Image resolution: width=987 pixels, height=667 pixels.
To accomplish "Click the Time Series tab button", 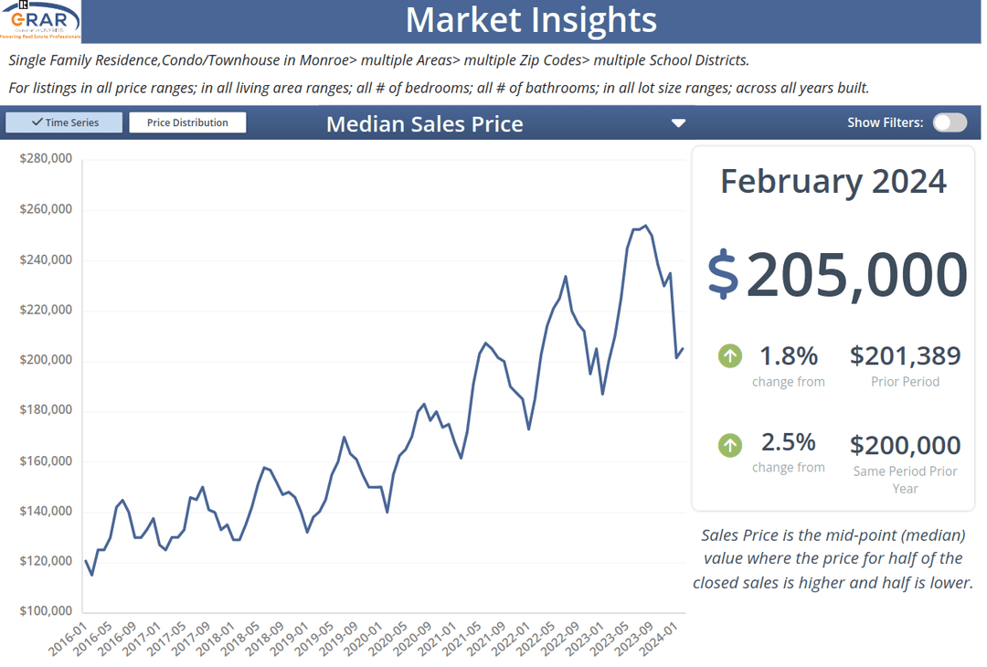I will tap(64, 122).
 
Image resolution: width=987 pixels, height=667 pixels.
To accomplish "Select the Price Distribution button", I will tap(187, 122).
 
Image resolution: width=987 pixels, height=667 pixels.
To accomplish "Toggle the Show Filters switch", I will tap(950, 122).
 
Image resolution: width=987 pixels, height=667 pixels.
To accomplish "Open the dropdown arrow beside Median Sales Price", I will tap(678, 123).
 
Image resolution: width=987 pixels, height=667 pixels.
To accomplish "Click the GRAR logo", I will tap(42, 21).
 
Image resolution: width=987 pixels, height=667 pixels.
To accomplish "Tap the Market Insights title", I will tap(530, 20).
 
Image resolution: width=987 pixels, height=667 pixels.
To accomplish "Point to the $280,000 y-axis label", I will tap(46, 159).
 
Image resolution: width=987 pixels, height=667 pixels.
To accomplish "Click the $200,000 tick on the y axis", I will tap(46, 360).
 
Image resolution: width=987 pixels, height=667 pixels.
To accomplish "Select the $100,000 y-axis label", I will tap(46, 611).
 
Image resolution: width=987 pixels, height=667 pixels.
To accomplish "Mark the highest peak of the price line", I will tap(645, 226).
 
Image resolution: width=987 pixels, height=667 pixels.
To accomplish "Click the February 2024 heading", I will tap(833, 181).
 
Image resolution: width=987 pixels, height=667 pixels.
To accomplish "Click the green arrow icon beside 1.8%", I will tap(729, 355).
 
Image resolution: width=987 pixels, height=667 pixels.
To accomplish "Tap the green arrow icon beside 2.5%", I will tap(729, 445).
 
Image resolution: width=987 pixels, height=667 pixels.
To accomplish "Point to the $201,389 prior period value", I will tap(905, 355).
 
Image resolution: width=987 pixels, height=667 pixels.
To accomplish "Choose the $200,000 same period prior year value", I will tap(905, 445).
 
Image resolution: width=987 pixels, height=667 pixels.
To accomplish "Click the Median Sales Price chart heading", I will tap(425, 124).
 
